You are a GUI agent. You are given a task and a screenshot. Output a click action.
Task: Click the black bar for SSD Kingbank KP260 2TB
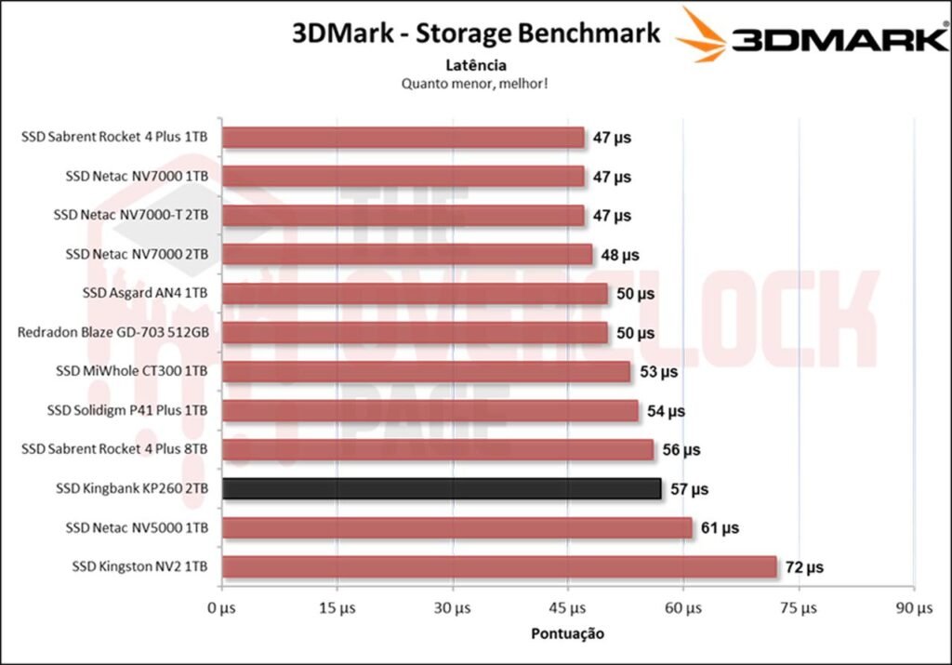click(442, 488)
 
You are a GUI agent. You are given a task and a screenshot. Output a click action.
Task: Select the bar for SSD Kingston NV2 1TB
click(499, 566)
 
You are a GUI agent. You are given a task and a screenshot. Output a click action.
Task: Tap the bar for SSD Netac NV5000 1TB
click(457, 527)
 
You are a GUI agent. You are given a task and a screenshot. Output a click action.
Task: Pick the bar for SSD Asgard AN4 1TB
click(415, 293)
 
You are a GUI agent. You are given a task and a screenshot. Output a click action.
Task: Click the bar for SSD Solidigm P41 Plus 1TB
click(430, 410)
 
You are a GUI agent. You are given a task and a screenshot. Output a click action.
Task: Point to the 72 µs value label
click(804, 567)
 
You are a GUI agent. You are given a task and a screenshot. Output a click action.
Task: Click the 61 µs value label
click(720, 528)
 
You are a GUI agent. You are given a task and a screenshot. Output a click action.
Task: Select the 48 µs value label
click(620, 255)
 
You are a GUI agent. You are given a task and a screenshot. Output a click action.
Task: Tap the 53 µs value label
click(658, 372)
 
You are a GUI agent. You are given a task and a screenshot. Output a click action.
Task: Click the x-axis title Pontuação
click(567, 634)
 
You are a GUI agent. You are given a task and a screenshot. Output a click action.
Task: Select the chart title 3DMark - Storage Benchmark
click(476, 34)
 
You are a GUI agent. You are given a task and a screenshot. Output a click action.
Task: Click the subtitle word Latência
click(475, 65)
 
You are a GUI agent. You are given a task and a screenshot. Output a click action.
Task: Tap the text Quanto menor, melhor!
click(475, 83)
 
